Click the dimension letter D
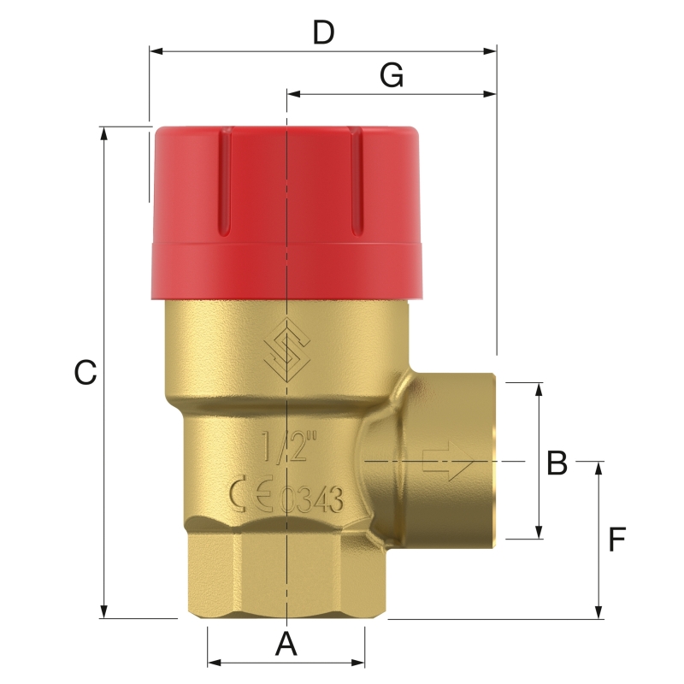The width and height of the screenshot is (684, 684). pos(322,32)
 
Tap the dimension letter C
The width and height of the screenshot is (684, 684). pos(85,374)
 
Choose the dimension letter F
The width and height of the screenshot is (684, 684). pos(617,540)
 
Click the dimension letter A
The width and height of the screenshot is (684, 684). pos(286,644)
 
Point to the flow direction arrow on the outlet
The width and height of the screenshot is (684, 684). pos(448,462)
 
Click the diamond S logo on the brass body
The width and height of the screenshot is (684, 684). pos(285,351)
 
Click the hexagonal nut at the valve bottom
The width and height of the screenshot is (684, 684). pos(285,573)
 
